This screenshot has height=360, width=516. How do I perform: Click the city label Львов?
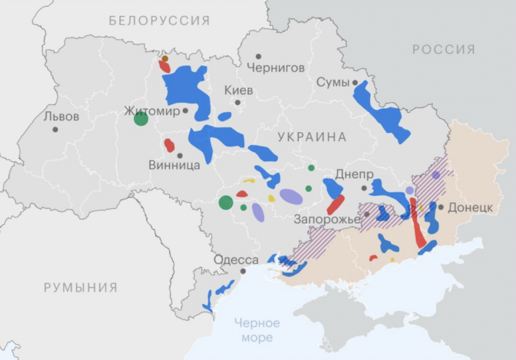pyautogui.click(x=61, y=117)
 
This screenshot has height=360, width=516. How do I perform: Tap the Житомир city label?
pyautogui.click(x=152, y=111)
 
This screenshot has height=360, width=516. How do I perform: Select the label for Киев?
pyautogui.click(x=239, y=90)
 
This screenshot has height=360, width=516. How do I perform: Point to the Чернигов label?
pyautogui.click(x=275, y=68)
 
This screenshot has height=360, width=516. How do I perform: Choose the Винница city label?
pyautogui.click(x=174, y=165)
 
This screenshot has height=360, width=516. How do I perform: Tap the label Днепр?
pyautogui.click(x=354, y=175)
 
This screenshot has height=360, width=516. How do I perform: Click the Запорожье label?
pyautogui.click(x=327, y=219)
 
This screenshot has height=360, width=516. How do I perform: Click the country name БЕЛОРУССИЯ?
pyautogui.click(x=159, y=21)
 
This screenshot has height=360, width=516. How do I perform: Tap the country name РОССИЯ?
pyautogui.click(x=444, y=50)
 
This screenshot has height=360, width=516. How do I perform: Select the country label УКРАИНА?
pyautogui.click(x=312, y=137)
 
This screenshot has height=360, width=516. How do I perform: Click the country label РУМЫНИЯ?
pyautogui.click(x=81, y=288)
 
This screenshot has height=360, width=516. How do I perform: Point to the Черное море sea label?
pyautogui.click(x=257, y=330)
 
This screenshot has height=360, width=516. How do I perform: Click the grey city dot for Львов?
pyautogui.click(x=55, y=130)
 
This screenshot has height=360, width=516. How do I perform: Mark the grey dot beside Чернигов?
pyautogui.click(x=259, y=57)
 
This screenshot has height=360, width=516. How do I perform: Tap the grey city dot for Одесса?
pyautogui.click(x=243, y=272)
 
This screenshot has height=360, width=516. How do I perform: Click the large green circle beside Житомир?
pyautogui.click(x=141, y=119)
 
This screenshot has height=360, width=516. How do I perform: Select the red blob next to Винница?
pyautogui.click(x=169, y=145)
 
